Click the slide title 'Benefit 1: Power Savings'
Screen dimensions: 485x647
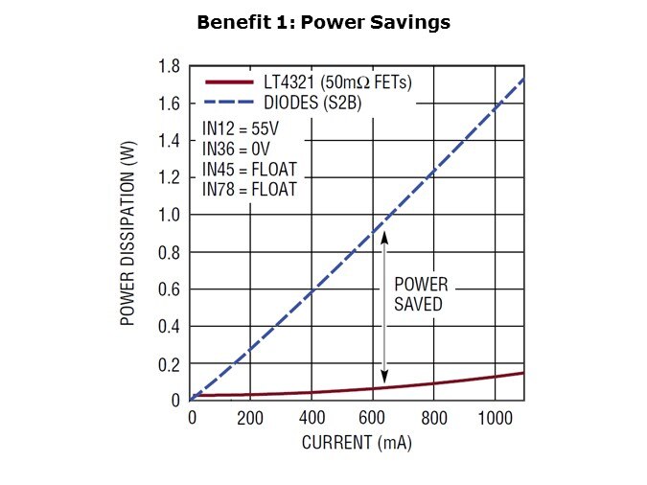(x=323, y=22)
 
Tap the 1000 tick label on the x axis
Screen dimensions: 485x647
(x=495, y=418)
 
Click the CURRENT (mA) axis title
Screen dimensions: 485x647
(x=358, y=444)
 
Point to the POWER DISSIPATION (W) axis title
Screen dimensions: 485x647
(x=127, y=233)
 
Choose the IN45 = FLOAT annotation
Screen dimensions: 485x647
(x=250, y=170)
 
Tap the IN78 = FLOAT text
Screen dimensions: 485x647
(x=250, y=190)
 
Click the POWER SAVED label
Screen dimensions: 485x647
(x=421, y=295)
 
